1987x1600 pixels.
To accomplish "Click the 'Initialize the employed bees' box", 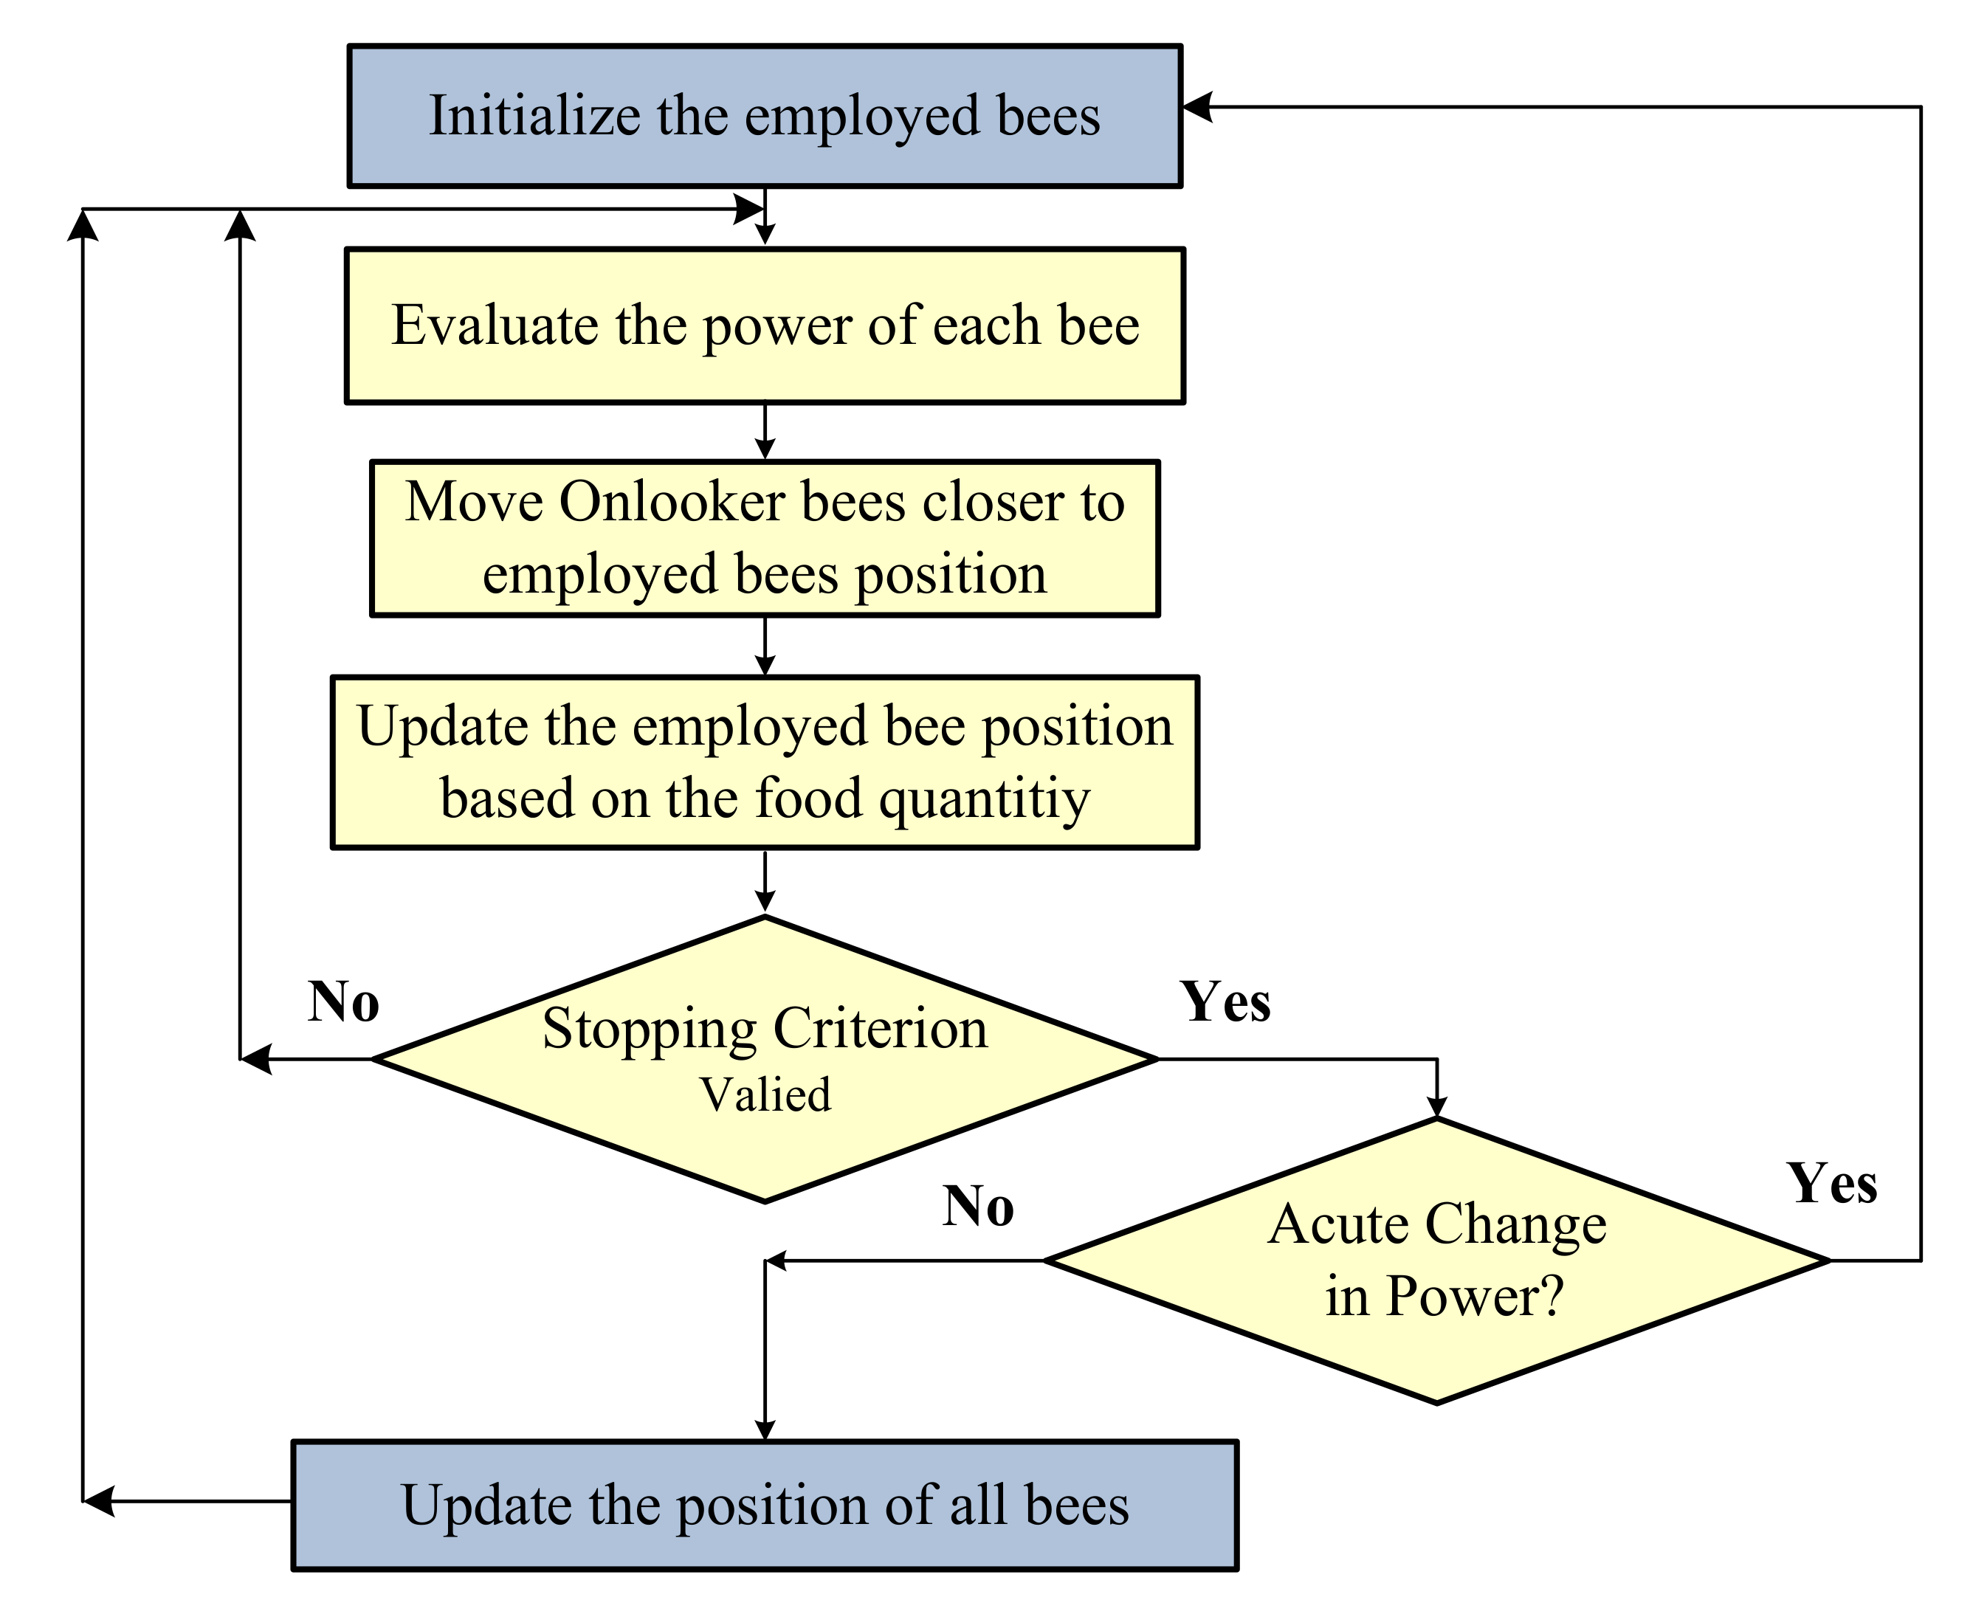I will (764, 116).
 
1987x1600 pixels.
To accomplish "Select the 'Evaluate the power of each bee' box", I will (764, 325).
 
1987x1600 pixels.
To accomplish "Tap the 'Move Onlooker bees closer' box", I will (764, 538).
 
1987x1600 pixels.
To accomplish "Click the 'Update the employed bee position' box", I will (764, 762).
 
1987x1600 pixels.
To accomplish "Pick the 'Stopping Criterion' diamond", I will (764, 1059).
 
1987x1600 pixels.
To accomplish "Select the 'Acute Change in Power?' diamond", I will (1436, 1260).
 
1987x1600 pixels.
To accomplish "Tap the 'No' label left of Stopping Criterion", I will (342, 1001).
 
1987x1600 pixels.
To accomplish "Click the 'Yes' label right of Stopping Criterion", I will (1225, 1001).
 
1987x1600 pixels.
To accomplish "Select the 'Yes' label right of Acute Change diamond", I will (1831, 1184).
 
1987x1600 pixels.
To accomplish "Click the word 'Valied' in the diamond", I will (765, 1095).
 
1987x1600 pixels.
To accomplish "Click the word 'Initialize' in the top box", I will (534, 116).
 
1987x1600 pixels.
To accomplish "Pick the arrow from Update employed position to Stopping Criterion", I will (765, 882).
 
